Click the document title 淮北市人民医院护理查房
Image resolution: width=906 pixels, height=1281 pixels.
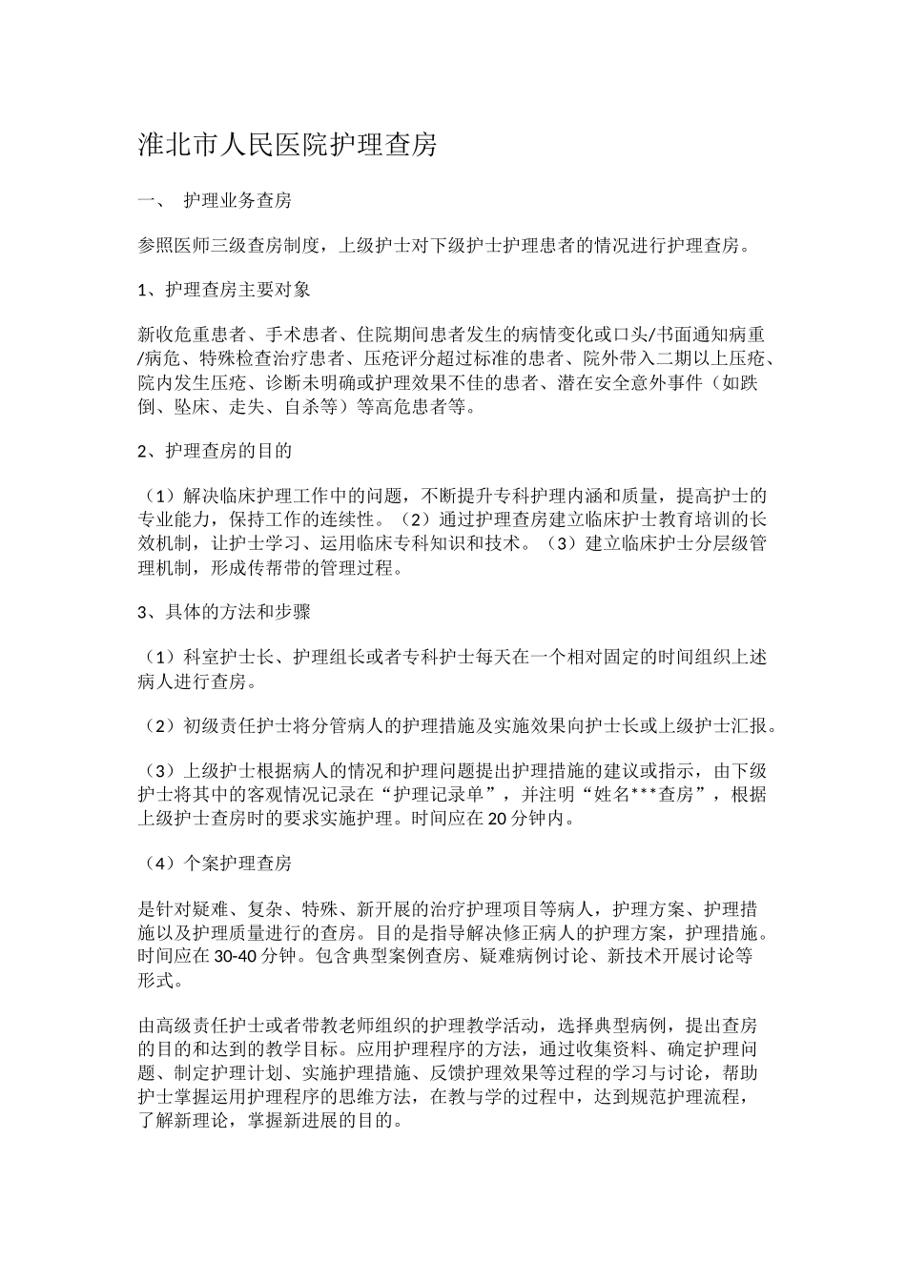click(288, 145)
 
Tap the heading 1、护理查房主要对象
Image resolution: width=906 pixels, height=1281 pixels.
click(224, 289)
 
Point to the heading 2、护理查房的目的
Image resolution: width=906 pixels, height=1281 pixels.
click(215, 450)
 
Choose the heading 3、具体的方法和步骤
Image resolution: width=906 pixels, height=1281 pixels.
click(224, 611)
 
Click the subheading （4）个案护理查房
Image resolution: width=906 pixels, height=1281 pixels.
click(217, 864)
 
